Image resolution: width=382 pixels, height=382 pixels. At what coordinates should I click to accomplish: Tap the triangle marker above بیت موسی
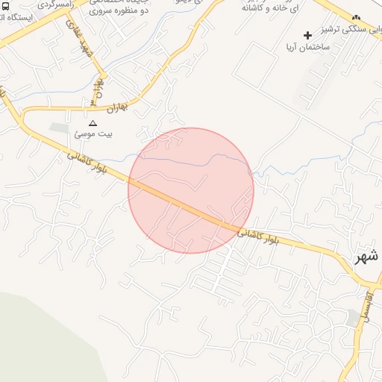click(93, 123)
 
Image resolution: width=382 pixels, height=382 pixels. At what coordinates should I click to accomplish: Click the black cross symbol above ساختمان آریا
click(307, 35)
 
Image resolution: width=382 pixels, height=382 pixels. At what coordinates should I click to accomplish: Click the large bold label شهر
click(365, 256)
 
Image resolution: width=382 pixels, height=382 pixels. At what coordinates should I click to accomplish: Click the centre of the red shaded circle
click(191, 190)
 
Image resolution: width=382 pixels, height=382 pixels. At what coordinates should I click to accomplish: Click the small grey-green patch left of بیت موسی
click(59, 128)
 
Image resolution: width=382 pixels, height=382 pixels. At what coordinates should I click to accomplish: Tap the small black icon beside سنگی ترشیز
click(355, 18)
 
